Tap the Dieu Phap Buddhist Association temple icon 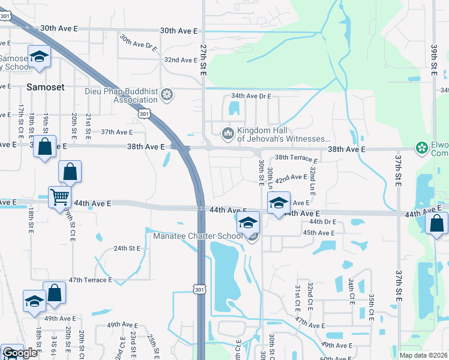pos(167,94)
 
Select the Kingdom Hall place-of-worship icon pos(228,133)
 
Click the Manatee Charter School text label pos(197,236)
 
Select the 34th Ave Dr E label pos(251,96)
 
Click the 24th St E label pos(127,248)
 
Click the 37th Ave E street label pos(116,132)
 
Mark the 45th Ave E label pos(318,233)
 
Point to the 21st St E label pos(88,127)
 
